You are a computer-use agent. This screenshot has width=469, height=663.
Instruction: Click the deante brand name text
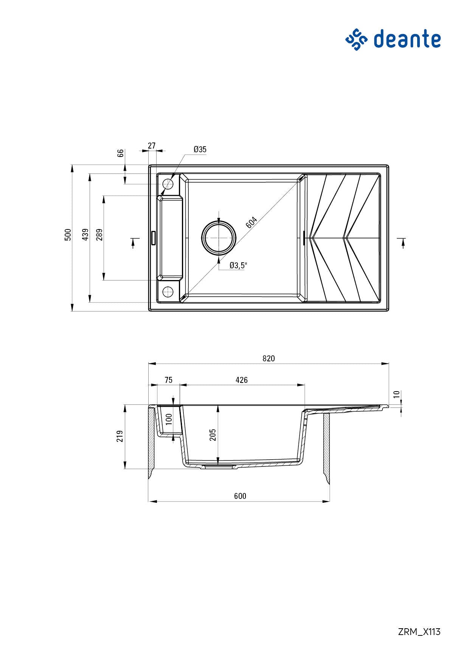tap(407, 39)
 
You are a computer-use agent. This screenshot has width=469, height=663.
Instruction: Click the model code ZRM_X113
tap(419, 632)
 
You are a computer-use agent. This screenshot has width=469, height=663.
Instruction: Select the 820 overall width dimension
tap(269, 358)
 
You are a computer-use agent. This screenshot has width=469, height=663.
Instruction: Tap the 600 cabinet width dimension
tap(240, 496)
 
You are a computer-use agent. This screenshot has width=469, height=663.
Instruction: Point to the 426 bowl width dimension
tap(242, 380)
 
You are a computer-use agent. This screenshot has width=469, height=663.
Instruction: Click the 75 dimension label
tap(168, 380)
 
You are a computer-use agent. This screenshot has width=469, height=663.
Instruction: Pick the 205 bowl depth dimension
tap(213, 435)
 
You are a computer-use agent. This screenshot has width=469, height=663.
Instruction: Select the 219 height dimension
tap(120, 436)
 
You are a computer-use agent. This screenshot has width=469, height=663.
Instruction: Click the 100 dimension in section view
tap(169, 419)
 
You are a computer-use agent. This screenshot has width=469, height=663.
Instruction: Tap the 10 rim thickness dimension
tap(396, 394)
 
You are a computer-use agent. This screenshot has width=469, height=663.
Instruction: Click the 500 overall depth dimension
tap(68, 235)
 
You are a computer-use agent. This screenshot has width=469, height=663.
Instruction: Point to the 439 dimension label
tap(85, 235)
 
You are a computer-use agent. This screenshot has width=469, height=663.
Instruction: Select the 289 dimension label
tap(99, 235)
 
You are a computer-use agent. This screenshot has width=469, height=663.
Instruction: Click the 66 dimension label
tap(120, 153)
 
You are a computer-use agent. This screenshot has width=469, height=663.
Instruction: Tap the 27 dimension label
tap(152, 146)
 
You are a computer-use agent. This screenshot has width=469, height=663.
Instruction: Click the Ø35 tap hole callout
tap(200, 149)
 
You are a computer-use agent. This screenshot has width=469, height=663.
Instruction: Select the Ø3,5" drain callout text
tap(238, 265)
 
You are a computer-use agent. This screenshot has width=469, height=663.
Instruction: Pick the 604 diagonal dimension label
tap(252, 222)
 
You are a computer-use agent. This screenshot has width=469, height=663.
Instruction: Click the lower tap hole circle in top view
tap(168, 291)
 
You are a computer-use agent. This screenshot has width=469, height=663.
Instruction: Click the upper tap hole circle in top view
tap(168, 184)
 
